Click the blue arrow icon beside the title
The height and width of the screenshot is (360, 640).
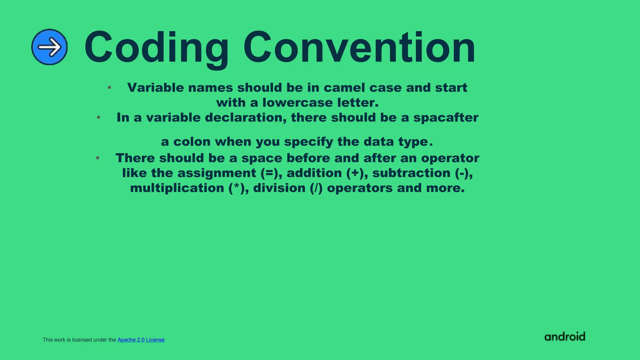click(49, 47)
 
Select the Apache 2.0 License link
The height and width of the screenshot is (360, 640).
click(141, 340)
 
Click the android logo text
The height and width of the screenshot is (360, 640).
click(565, 337)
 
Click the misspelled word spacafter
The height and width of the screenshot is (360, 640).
click(446, 118)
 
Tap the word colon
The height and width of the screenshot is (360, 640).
click(192, 142)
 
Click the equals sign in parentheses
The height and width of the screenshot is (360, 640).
click(269, 173)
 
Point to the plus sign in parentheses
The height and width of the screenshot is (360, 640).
click(355, 173)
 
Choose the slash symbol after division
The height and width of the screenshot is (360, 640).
click(316, 188)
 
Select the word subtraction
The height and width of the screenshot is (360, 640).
click(411, 173)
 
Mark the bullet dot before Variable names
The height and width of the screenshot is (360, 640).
click(109, 87)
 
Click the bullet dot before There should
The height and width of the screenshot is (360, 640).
click(98, 158)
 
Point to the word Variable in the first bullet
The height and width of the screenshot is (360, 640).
click(156, 88)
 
